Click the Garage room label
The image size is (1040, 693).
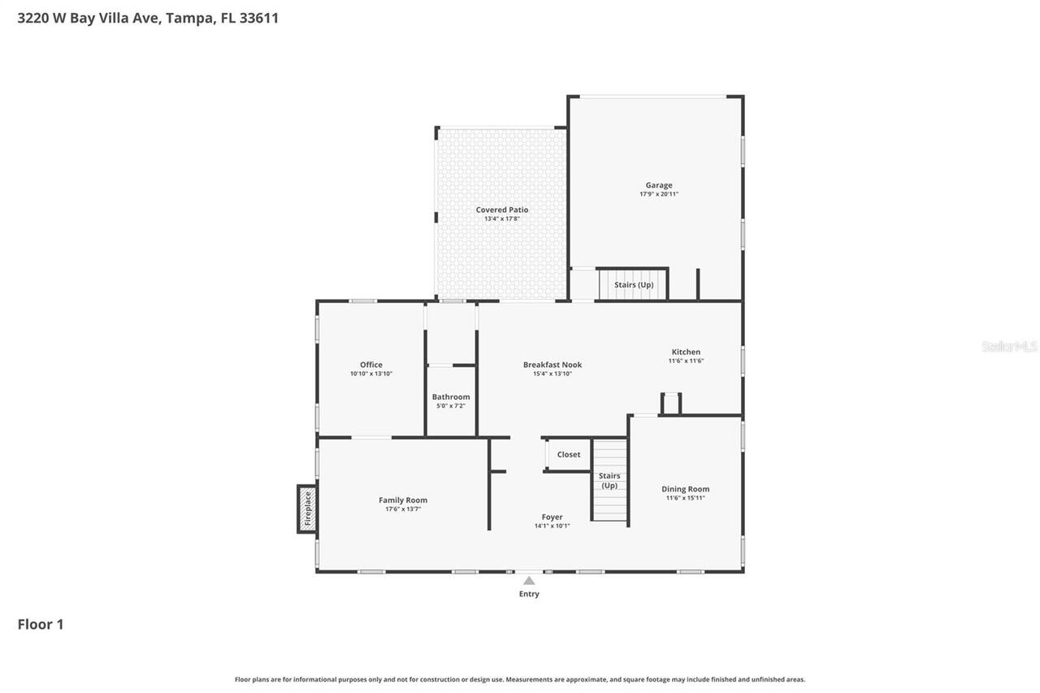pyautogui.click(x=659, y=185)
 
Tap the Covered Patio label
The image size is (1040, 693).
pyautogui.click(x=502, y=210)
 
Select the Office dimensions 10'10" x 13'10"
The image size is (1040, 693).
pyautogui.click(x=371, y=374)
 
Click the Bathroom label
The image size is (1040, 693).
pyautogui.click(x=451, y=396)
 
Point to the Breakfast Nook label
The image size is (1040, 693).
pyautogui.click(x=552, y=365)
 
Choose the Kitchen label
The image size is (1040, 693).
pyautogui.click(x=686, y=352)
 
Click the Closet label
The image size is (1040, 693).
pyautogui.click(x=569, y=454)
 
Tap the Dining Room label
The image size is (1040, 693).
pyautogui.click(x=685, y=489)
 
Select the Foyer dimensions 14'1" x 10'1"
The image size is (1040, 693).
pyautogui.click(x=552, y=526)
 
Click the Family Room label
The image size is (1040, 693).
pyautogui.click(x=403, y=500)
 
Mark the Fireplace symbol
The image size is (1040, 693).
pyautogui.click(x=307, y=509)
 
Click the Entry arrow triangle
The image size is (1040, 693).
pyautogui.click(x=529, y=580)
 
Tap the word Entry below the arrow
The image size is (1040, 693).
pyautogui.click(x=529, y=594)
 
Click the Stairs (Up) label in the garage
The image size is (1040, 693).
pyautogui.click(x=634, y=285)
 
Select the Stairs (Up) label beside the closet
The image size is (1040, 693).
pyautogui.click(x=609, y=480)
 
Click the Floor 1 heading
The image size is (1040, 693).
pyautogui.click(x=41, y=624)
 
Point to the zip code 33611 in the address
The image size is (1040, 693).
pyautogui.click(x=258, y=18)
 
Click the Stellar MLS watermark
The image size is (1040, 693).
pyautogui.click(x=1010, y=346)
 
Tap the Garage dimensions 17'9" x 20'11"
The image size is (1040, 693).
pyautogui.click(x=659, y=194)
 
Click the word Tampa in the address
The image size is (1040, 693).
pyautogui.click(x=190, y=18)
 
